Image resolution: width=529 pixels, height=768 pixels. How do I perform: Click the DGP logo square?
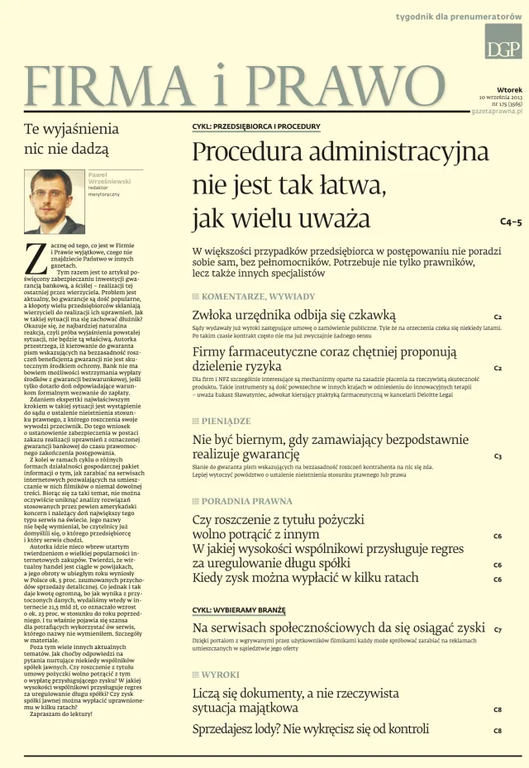click(x=503, y=41)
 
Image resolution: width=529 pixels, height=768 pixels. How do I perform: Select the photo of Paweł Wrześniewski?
click(x=54, y=201)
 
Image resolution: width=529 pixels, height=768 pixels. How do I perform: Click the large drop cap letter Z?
click(x=35, y=258)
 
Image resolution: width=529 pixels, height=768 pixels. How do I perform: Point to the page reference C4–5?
click(x=510, y=222)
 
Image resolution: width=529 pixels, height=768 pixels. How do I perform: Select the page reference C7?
click(x=498, y=630)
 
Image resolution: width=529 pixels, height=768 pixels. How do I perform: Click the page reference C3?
click(x=498, y=456)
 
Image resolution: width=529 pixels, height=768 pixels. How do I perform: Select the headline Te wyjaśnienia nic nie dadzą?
click(x=71, y=139)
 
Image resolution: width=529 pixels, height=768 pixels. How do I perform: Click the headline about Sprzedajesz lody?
click(x=310, y=729)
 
